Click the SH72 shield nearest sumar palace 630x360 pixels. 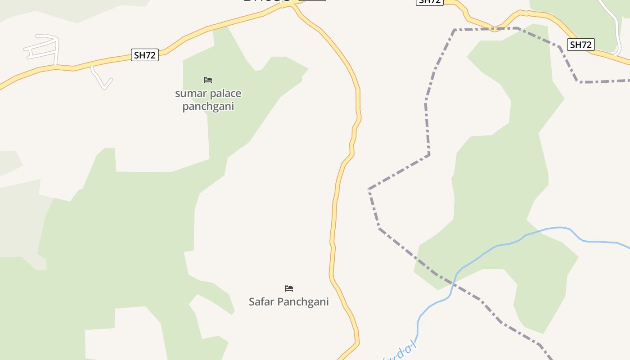pyautogui.click(x=145, y=55)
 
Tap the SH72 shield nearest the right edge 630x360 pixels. pyautogui.click(x=580, y=45)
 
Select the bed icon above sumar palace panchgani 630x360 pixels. pyautogui.click(x=207, y=80)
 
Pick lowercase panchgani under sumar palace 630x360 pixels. pyautogui.click(x=208, y=107)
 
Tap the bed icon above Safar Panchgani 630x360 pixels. pyautogui.click(x=289, y=288)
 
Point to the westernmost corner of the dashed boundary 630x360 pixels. pyautogui.click(x=369, y=189)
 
